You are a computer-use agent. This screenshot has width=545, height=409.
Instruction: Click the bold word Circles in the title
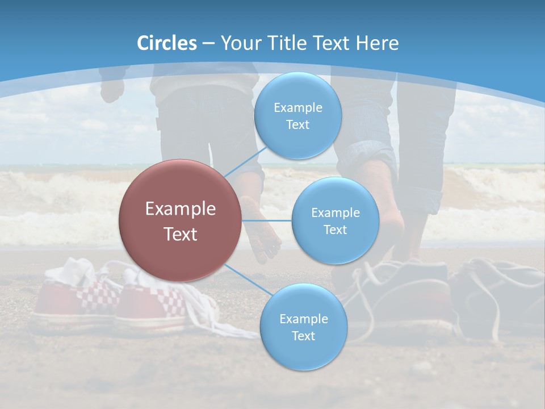[166, 43]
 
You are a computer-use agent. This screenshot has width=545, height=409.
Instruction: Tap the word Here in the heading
[378, 43]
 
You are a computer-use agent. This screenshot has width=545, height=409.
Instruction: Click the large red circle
[180, 220]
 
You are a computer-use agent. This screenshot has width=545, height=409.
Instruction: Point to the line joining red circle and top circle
[245, 161]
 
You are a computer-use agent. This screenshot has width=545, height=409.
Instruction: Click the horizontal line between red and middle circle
[267, 220]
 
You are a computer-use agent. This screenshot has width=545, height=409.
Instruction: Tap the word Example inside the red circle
[180, 209]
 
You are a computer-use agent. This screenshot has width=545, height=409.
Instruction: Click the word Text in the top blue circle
[297, 124]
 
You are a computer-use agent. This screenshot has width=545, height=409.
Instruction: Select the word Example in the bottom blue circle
[303, 319]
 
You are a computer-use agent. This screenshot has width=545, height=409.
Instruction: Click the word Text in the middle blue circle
[335, 229]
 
